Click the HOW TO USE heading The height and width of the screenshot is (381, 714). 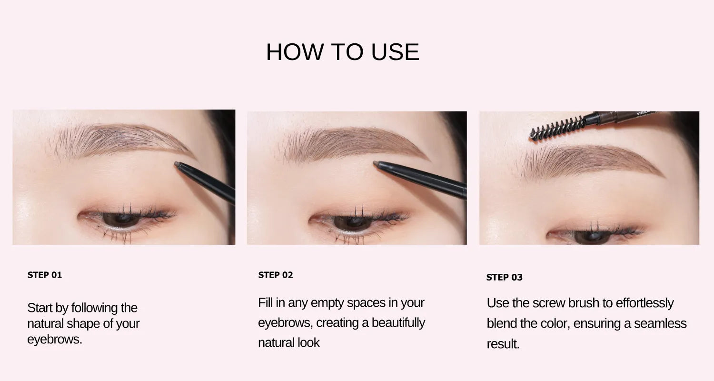342,52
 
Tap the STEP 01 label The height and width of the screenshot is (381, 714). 45,275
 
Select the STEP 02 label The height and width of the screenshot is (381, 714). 276,275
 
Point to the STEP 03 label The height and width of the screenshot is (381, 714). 504,277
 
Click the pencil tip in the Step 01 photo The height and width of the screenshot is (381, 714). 177,164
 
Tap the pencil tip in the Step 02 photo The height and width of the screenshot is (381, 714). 375,164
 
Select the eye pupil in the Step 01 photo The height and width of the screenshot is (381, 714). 120,219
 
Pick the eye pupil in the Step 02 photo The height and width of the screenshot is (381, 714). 352,222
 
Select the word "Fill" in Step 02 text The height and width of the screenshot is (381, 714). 265,302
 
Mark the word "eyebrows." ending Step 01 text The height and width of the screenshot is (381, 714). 55,339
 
